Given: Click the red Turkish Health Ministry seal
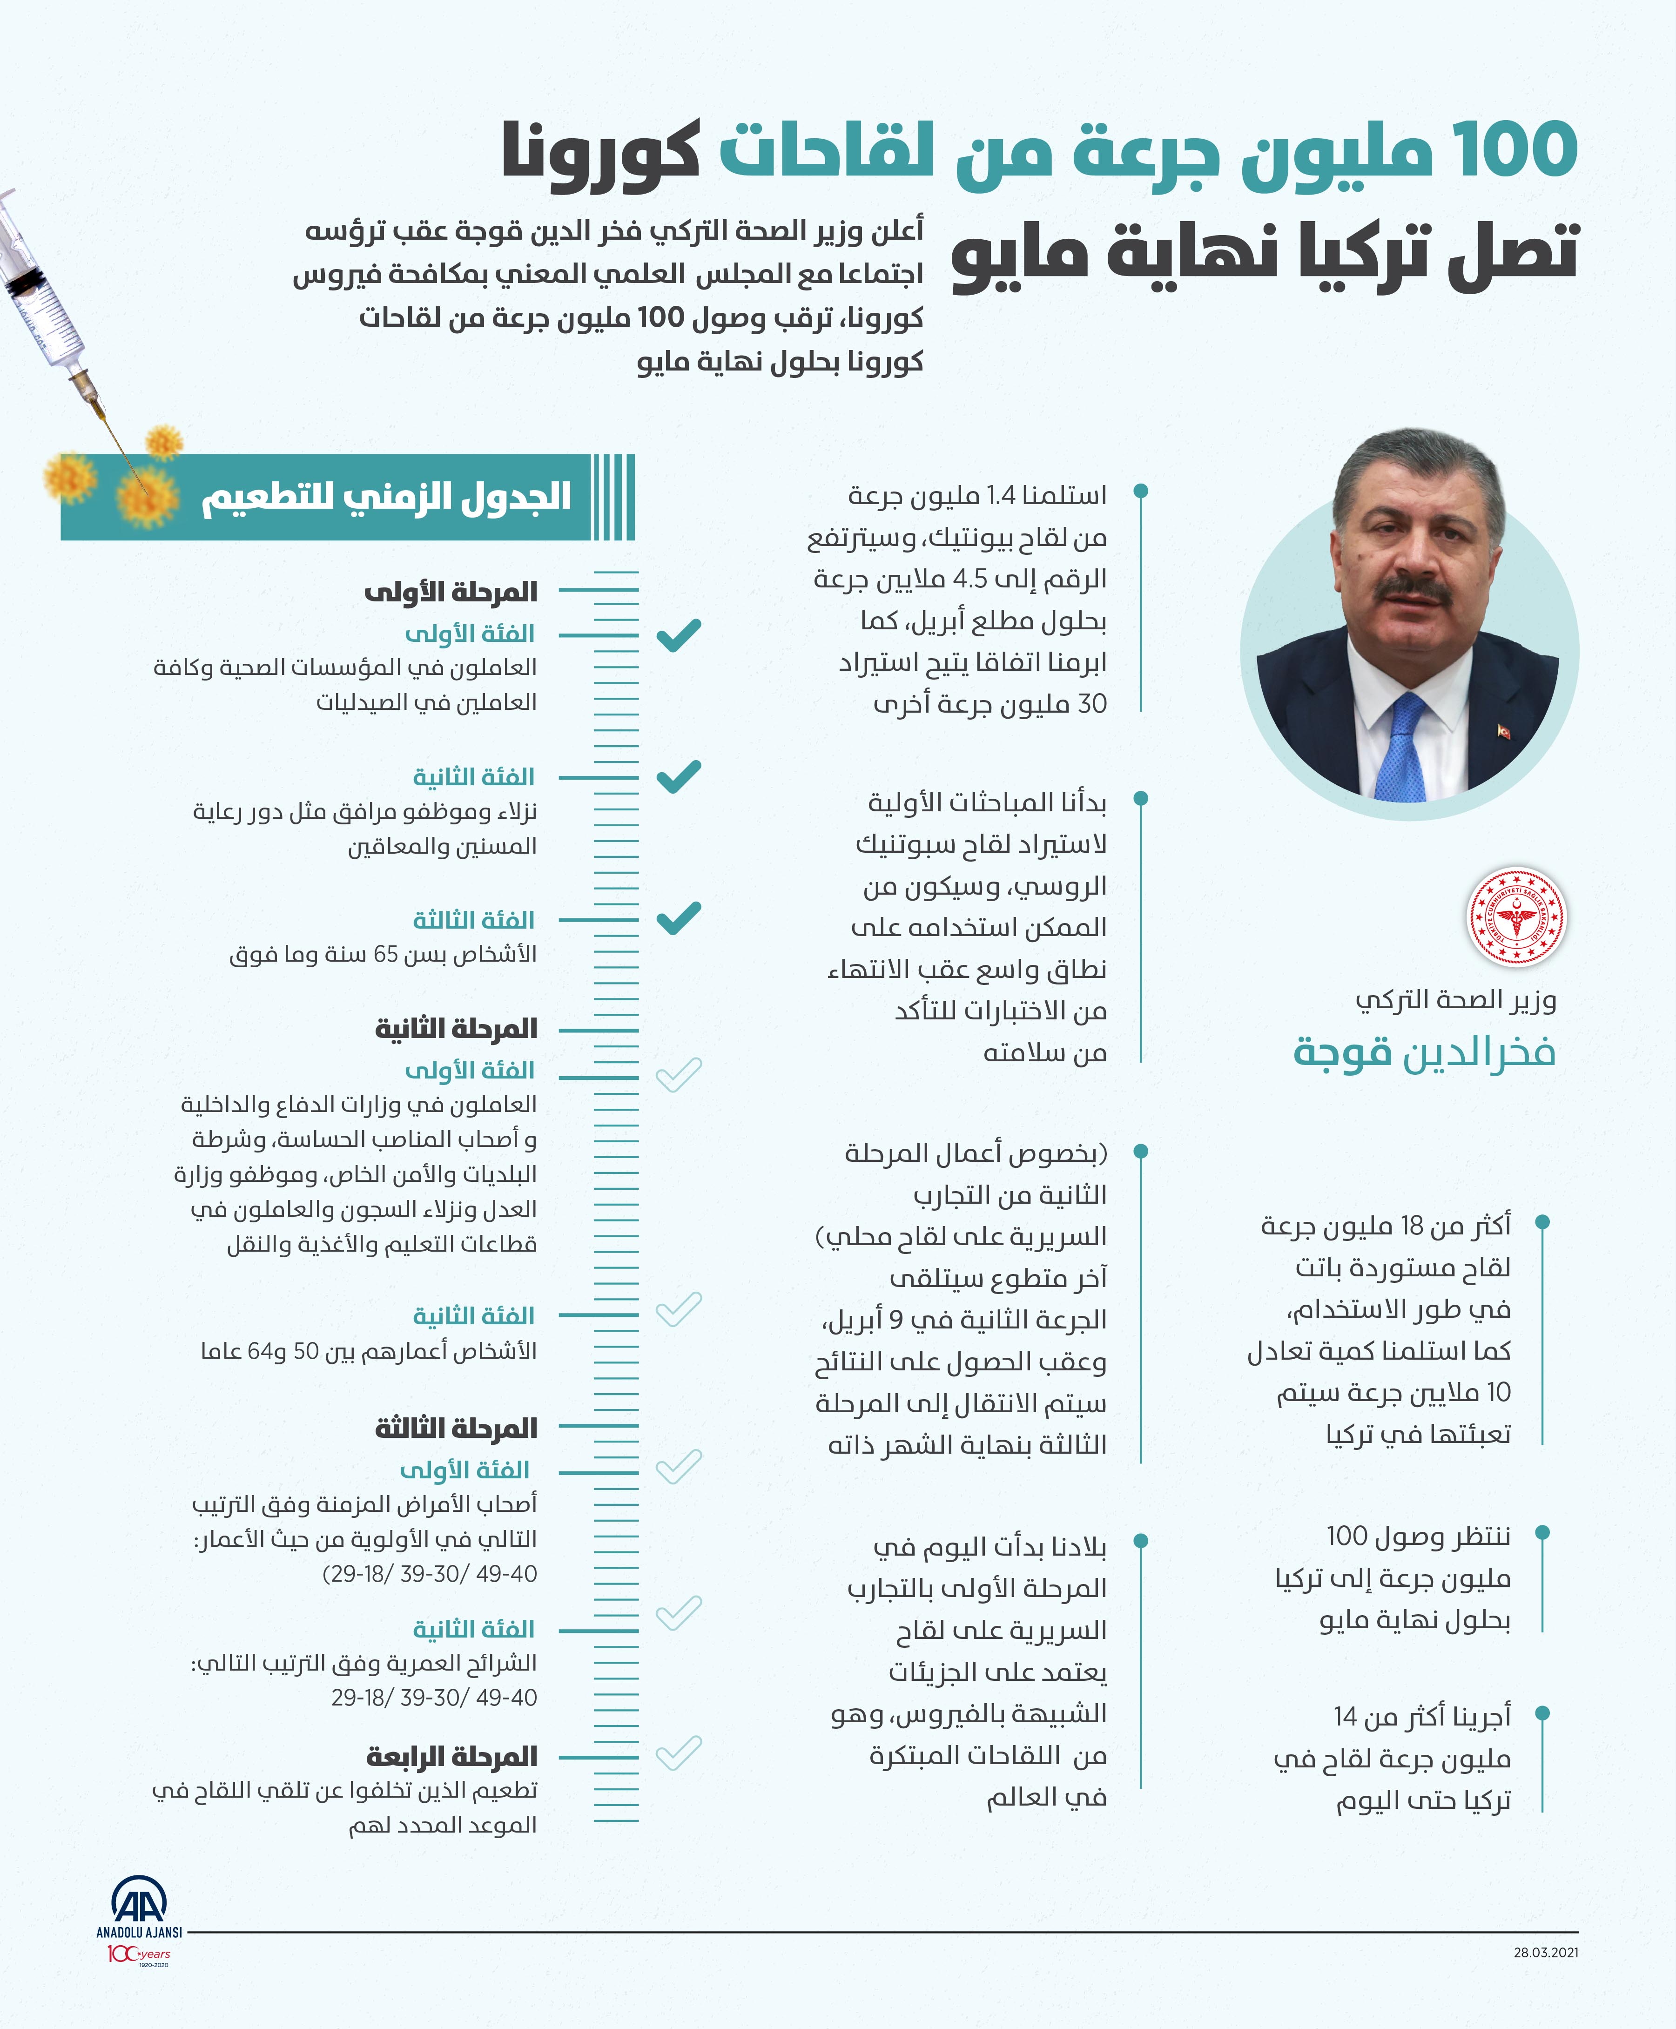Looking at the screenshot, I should (1516, 917).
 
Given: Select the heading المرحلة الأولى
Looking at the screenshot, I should (450, 591).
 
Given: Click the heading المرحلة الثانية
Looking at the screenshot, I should (456, 1028).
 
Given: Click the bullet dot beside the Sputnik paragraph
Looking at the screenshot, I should (1140, 798).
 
